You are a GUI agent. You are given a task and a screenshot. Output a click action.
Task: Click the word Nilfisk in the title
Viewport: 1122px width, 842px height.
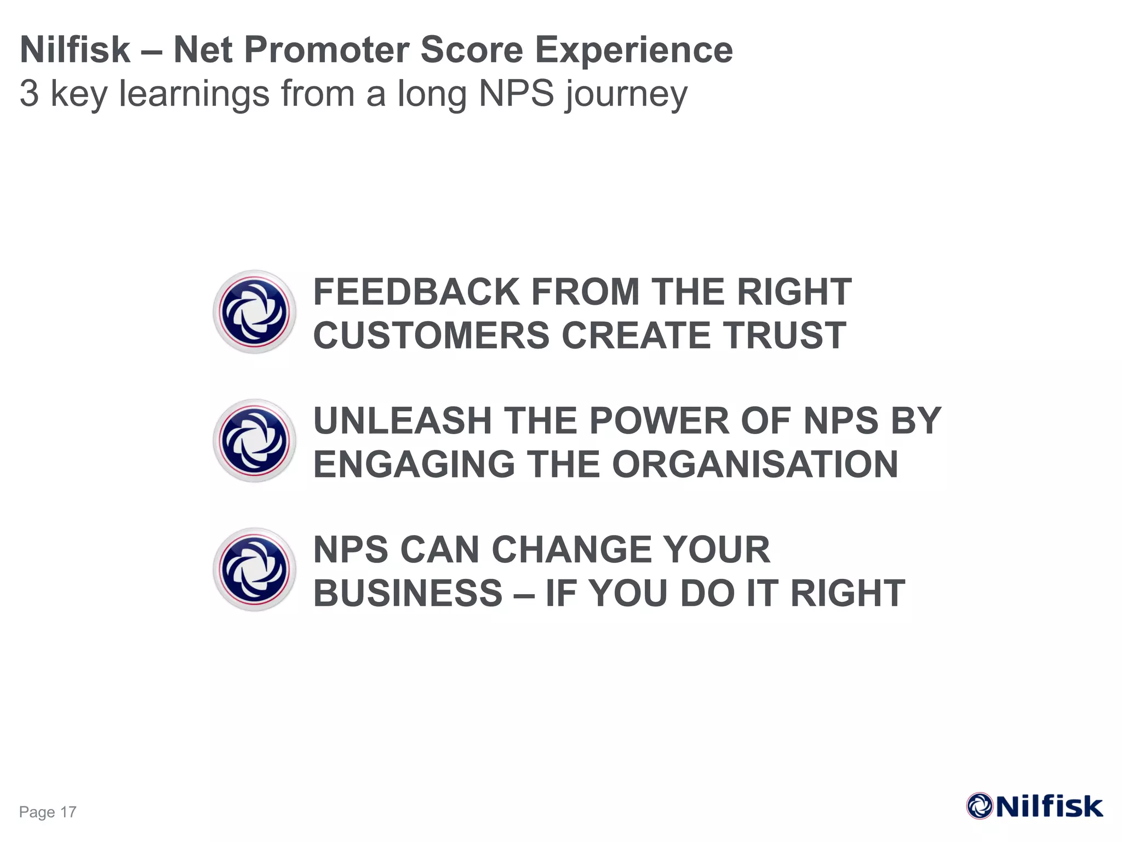(75, 50)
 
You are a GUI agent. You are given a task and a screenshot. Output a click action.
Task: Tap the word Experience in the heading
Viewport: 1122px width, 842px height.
(633, 50)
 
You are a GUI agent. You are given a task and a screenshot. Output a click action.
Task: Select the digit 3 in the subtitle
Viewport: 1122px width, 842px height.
(29, 94)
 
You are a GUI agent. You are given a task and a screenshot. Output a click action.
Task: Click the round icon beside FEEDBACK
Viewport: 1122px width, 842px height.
(254, 312)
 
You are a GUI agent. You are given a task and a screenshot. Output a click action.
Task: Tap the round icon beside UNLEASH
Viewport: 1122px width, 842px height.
(254, 441)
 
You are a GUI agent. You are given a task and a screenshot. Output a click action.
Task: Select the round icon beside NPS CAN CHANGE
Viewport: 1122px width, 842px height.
(254, 570)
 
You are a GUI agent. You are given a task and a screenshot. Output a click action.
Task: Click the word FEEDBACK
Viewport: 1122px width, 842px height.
(416, 292)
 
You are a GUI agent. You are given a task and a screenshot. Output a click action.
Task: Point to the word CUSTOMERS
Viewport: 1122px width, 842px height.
(431, 335)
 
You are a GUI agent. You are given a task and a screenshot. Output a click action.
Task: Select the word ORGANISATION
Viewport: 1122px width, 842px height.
(755, 464)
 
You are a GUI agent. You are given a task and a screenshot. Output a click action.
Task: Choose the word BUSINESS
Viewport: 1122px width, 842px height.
(408, 593)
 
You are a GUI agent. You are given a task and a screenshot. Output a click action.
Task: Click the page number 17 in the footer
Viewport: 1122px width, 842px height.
(68, 812)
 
